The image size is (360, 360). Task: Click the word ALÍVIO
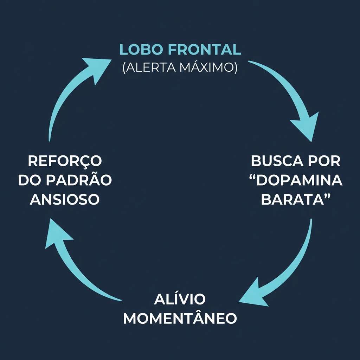(180, 300)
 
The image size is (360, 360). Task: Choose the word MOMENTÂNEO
(180, 319)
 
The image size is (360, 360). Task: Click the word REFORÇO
(65, 161)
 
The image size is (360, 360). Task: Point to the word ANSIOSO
(65, 199)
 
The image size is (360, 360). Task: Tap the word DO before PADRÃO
(30, 180)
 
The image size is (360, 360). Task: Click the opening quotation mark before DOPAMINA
(254, 176)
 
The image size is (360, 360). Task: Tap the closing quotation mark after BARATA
(328, 195)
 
